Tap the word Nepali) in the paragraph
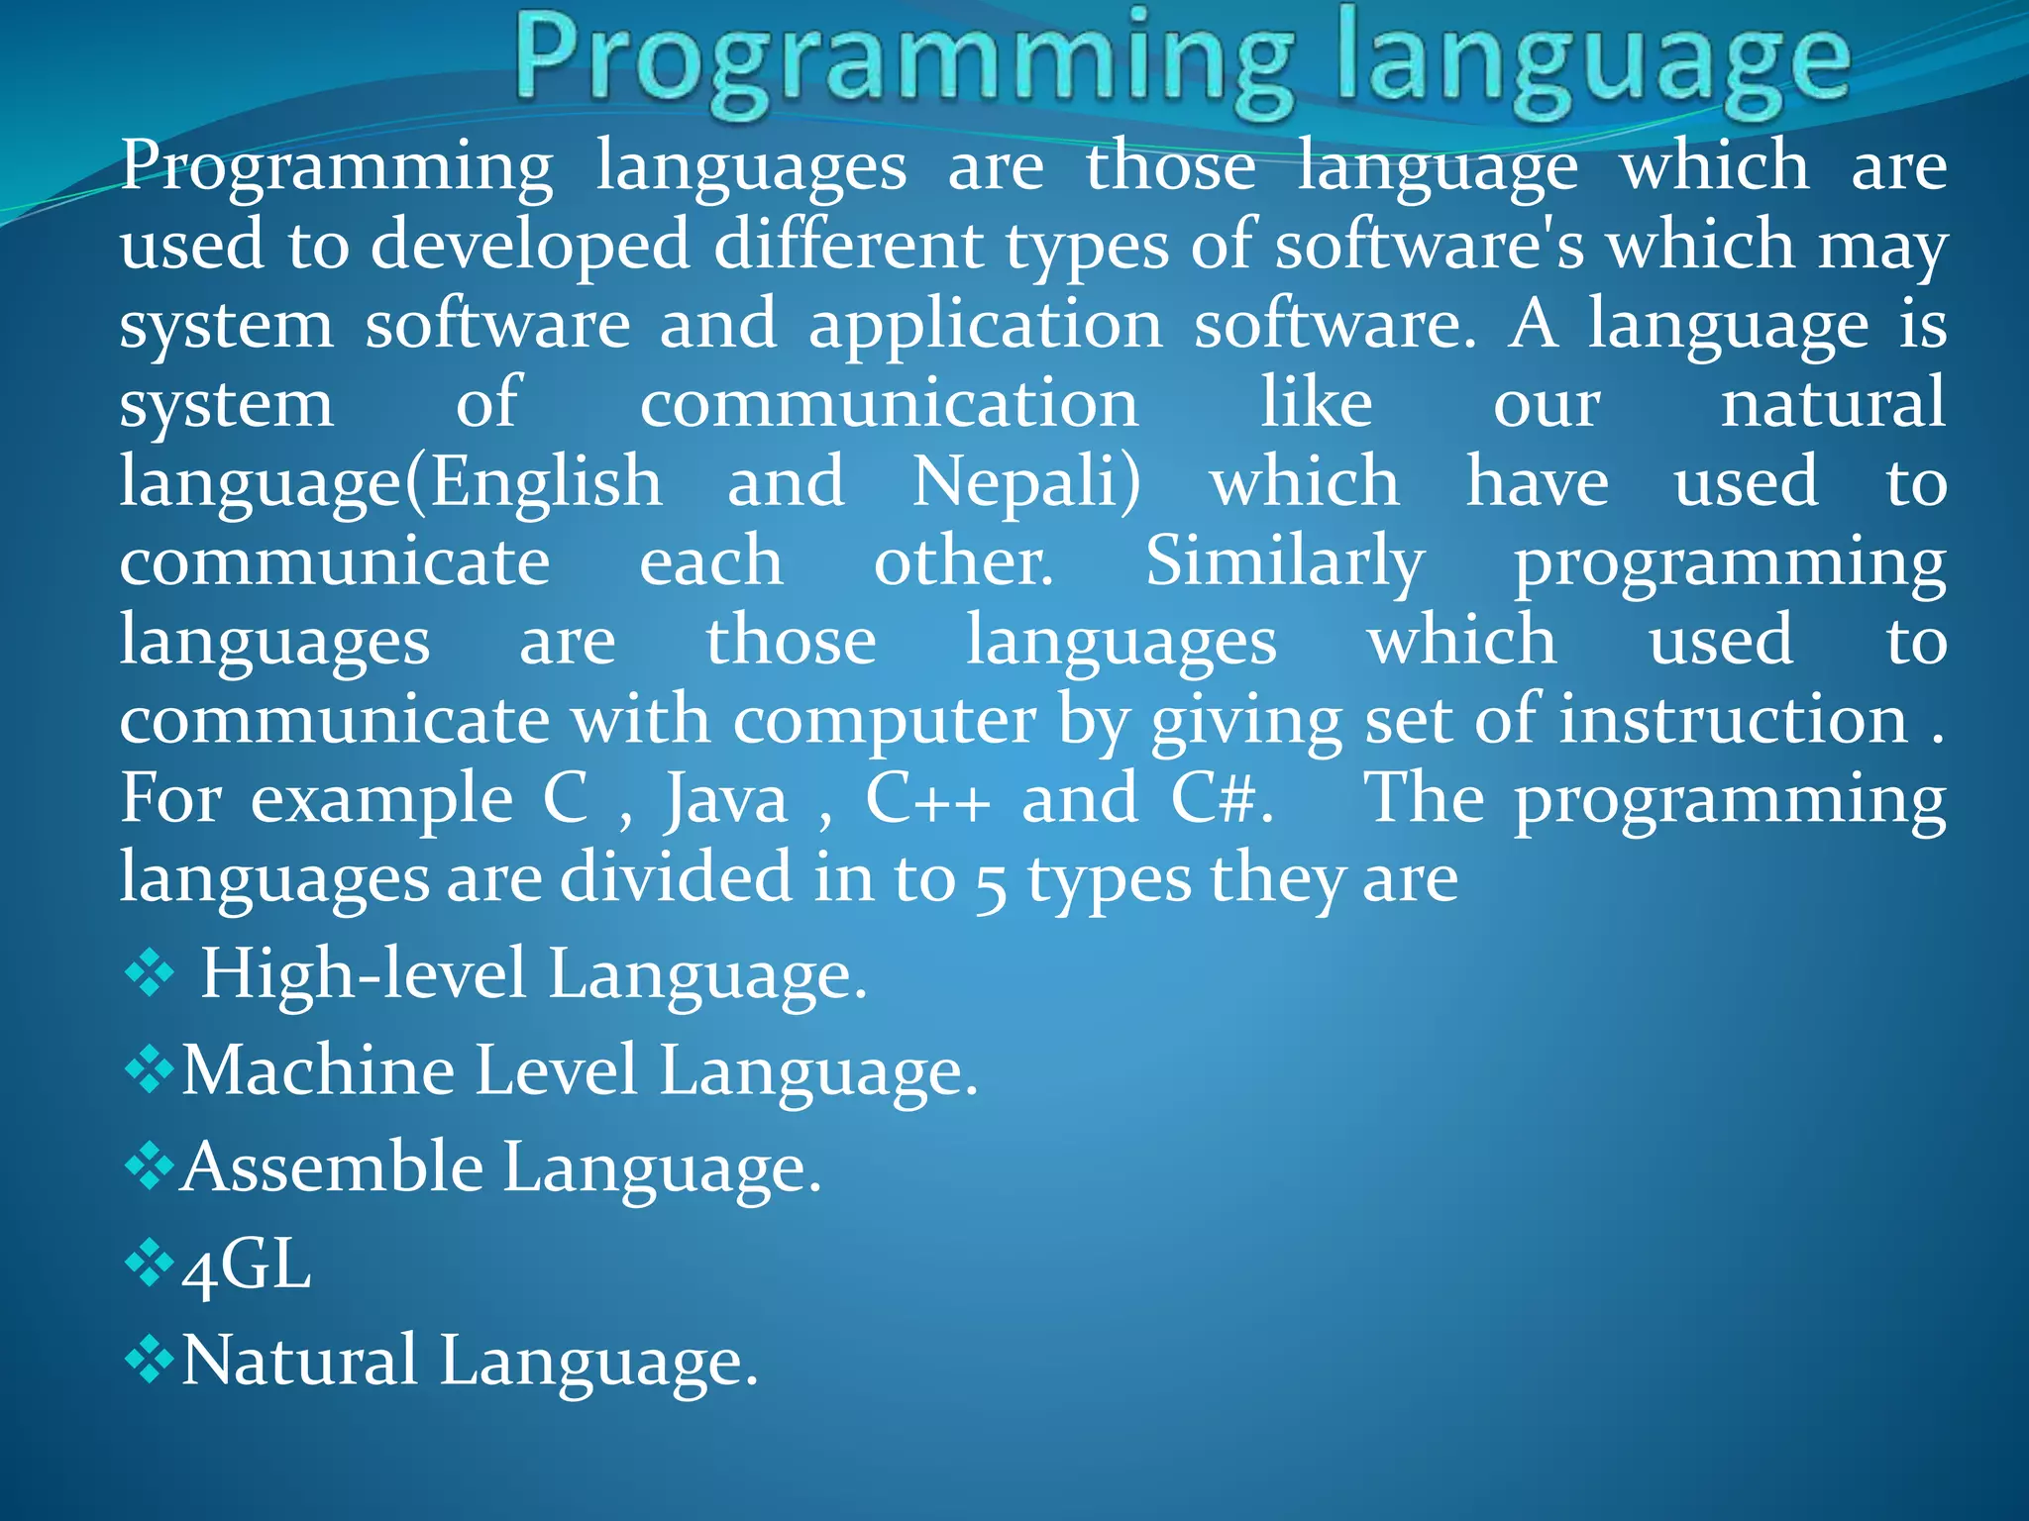(x=1026, y=483)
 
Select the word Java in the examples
(x=726, y=800)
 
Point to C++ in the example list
(x=927, y=800)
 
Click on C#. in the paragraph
(x=1222, y=800)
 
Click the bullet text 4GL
(x=246, y=1267)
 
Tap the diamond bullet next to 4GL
(x=149, y=1265)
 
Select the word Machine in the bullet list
(x=318, y=1070)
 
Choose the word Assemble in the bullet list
(x=333, y=1167)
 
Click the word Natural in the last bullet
(x=299, y=1362)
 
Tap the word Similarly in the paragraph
(x=1285, y=562)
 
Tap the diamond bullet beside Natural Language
(x=149, y=1361)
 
